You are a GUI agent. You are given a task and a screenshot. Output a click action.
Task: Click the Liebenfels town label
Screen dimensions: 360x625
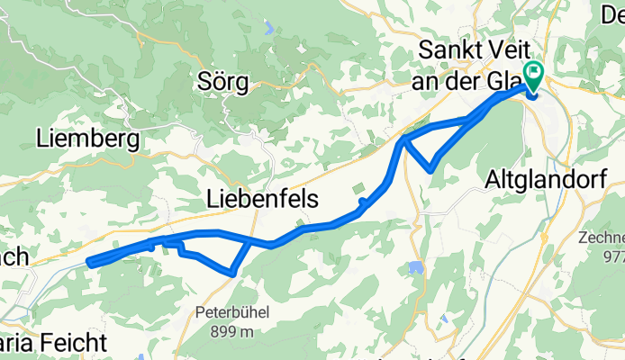[262, 199]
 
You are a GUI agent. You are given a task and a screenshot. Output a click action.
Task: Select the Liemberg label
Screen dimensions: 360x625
[87, 139]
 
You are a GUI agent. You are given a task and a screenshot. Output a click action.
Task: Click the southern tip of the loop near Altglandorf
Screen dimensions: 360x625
[432, 168]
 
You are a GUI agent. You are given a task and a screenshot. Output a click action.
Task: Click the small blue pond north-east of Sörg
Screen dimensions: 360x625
[268, 28]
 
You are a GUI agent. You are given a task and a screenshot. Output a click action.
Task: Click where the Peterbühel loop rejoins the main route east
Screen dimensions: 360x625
[250, 241]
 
